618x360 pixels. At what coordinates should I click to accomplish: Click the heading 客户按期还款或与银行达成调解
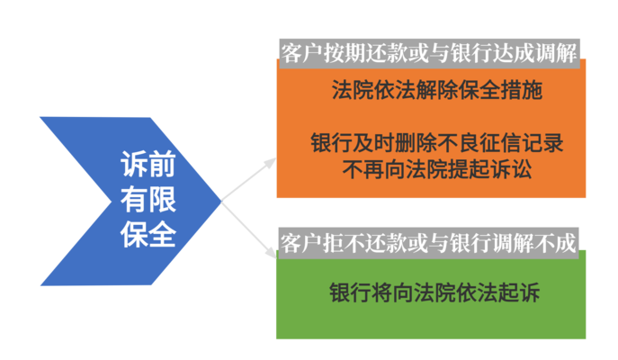tap(428, 49)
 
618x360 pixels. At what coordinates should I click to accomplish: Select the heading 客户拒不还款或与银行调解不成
tap(428, 241)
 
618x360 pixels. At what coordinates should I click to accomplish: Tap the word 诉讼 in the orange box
tap(510, 168)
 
